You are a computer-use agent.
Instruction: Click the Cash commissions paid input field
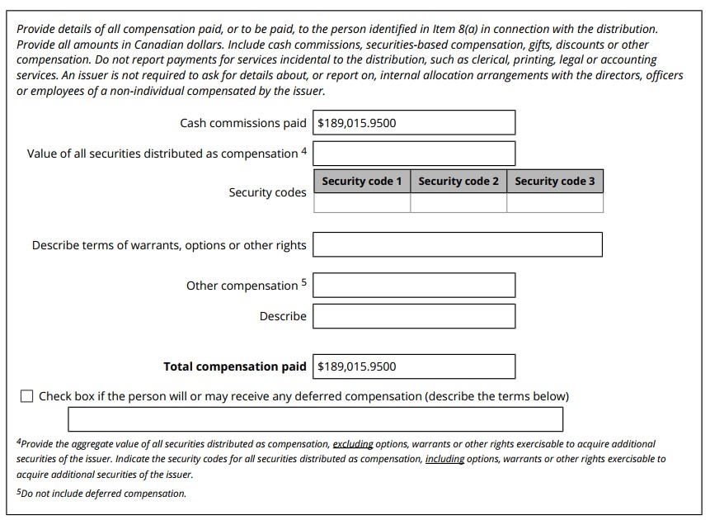pyautogui.click(x=414, y=123)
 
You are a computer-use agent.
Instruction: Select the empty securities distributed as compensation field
pyautogui.click(x=414, y=154)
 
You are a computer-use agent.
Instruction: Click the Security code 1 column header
pyautogui.click(x=362, y=182)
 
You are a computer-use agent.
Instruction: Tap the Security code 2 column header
pyautogui.click(x=458, y=182)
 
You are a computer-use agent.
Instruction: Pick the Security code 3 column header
pyautogui.click(x=555, y=182)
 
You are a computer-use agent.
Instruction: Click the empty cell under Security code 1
pyautogui.click(x=362, y=203)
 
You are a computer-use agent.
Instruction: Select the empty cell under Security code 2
pyautogui.click(x=458, y=203)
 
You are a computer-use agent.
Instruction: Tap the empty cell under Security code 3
pyautogui.click(x=555, y=203)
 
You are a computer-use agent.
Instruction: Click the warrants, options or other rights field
pyautogui.click(x=458, y=245)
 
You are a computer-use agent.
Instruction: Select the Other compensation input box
pyautogui.click(x=414, y=286)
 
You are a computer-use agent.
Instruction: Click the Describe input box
pyautogui.click(x=414, y=316)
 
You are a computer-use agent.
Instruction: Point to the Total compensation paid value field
pyautogui.click(x=414, y=366)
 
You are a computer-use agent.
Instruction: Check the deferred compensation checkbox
pyautogui.click(x=26, y=396)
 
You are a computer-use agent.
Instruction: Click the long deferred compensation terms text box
pyautogui.click(x=316, y=419)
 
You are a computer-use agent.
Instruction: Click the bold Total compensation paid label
pyautogui.click(x=234, y=366)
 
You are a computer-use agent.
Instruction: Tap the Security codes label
pyautogui.click(x=267, y=192)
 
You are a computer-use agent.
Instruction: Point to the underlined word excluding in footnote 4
pyautogui.click(x=353, y=444)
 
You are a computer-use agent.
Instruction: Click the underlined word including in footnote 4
pyautogui.click(x=444, y=459)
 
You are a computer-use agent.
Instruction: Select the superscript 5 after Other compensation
pyautogui.click(x=303, y=282)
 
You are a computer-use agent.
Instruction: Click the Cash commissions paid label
pyautogui.click(x=242, y=123)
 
